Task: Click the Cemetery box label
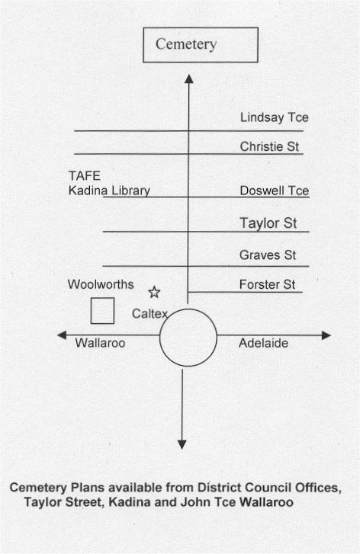point(186,44)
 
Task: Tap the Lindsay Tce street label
point(275,117)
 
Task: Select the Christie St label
point(269,146)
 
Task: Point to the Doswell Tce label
point(275,191)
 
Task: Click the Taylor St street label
point(268,223)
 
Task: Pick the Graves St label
point(268,255)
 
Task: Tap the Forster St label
point(268,284)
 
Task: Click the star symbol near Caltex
point(154,292)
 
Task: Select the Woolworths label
point(101,284)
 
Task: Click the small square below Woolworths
point(102,311)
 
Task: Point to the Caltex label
point(149,313)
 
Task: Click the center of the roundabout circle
point(188,338)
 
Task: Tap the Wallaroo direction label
point(100,343)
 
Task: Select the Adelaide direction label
point(263,343)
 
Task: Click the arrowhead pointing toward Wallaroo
point(62,335)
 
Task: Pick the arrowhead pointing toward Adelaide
point(326,335)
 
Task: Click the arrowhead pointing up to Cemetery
point(189,78)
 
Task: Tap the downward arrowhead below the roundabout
point(182,445)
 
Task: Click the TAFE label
point(85,176)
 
